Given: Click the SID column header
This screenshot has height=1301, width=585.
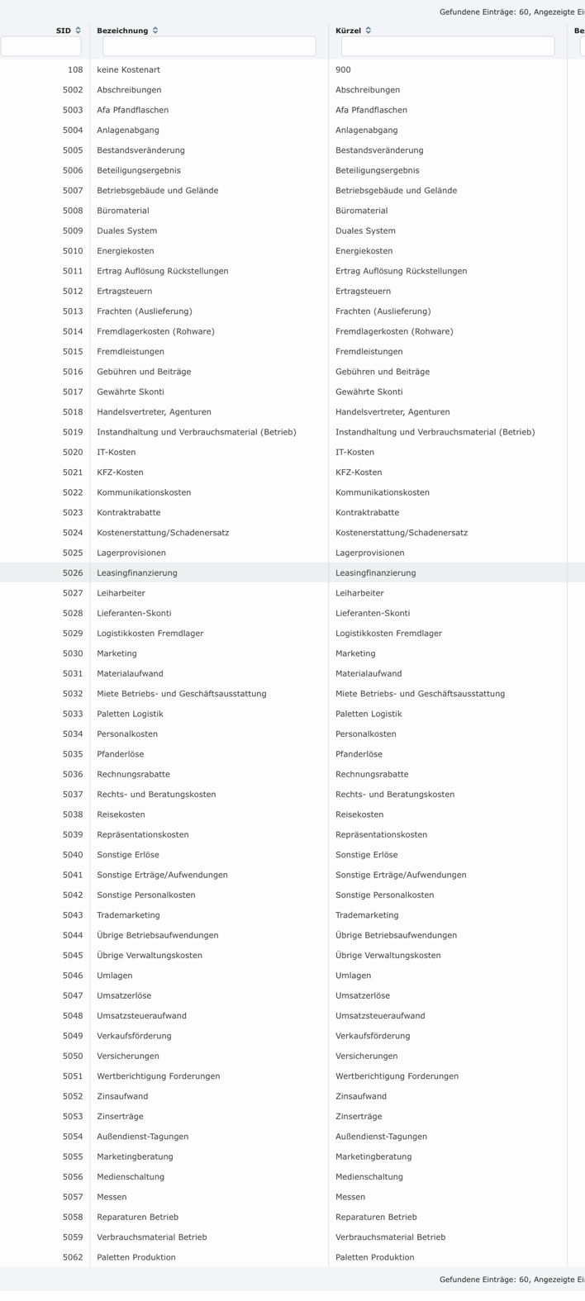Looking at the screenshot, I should point(64,31).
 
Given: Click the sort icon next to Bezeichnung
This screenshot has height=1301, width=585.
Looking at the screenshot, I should point(155,31).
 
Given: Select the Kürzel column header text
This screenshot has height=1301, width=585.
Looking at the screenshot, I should point(348,31).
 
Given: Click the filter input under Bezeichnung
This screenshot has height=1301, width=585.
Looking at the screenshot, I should point(209,46).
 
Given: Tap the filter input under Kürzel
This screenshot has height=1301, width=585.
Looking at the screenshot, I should point(448,46).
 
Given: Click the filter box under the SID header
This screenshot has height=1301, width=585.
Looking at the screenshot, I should point(40,46).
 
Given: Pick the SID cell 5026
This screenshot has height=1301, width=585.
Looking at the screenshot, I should point(73,572).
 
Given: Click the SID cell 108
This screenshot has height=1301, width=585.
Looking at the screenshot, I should point(75,70).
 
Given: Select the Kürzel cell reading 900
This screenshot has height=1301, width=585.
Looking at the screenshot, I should point(343,70).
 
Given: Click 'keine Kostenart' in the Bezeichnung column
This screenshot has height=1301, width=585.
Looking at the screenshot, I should point(128,70).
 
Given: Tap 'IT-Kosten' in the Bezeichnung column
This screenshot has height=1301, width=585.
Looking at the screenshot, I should point(117,452).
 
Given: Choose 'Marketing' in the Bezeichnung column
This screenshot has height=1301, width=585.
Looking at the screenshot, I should point(117,653).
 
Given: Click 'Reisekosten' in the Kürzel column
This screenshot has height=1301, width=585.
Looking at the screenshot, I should point(359,814).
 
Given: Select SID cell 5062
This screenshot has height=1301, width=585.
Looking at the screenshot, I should point(73,1257).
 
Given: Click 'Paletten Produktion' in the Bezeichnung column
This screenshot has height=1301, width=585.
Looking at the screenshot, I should point(136,1257).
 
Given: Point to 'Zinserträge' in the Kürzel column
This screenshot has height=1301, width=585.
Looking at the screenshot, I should point(359,1116).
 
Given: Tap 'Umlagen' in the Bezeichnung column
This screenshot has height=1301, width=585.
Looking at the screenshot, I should point(115,976).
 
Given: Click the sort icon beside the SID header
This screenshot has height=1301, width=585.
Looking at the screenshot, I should point(78,31).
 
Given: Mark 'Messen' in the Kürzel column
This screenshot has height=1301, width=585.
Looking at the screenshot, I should point(350,1197).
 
